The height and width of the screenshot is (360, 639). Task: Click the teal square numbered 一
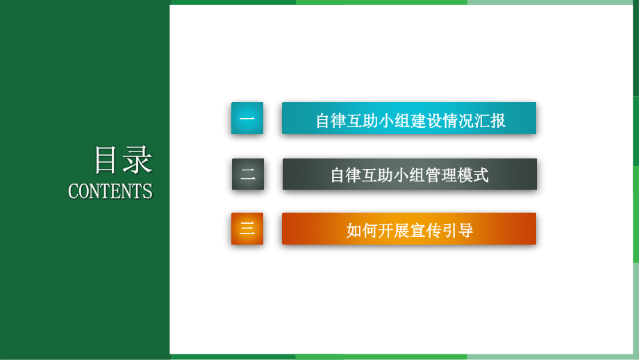tap(247, 118)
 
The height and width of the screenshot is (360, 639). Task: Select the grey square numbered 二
tap(248, 174)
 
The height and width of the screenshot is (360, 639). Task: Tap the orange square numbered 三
tap(247, 229)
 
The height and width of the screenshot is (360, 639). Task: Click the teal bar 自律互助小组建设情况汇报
tap(409, 118)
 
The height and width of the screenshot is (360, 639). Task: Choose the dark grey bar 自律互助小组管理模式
tap(409, 174)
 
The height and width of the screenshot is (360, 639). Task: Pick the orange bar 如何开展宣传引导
tap(409, 229)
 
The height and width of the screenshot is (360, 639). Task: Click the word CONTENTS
tap(110, 191)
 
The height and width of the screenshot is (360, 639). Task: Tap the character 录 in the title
tap(138, 161)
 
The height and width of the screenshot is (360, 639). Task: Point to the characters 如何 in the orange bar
tap(362, 230)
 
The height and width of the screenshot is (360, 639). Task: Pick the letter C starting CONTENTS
tap(73, 191)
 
